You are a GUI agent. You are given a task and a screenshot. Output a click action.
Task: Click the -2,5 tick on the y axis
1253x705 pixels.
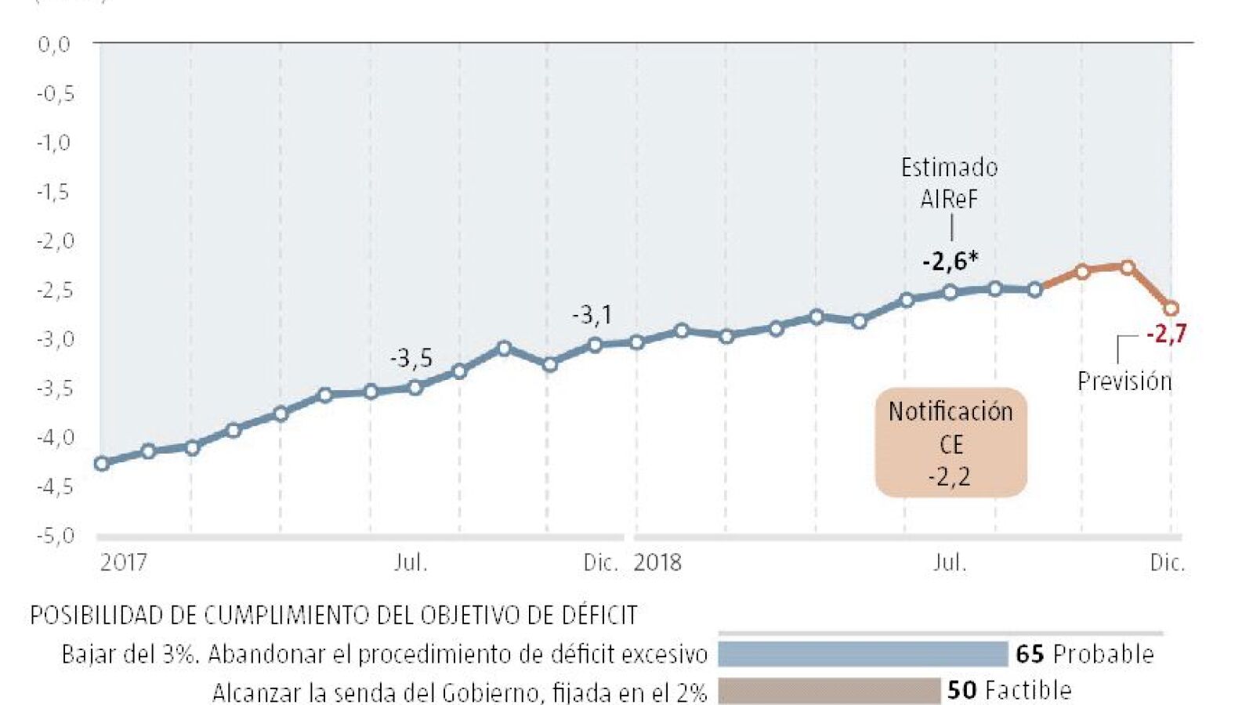point(56,290)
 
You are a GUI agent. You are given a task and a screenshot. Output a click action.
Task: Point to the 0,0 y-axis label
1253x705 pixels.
point(54,44)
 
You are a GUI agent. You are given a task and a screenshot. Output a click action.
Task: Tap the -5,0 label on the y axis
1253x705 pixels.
point(56,536)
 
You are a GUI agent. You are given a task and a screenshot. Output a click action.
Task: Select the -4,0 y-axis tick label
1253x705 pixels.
point(56,437)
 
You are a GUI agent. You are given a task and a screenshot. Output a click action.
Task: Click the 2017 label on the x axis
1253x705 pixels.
point(123,562)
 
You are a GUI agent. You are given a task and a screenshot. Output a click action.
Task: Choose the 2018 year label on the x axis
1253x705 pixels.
point(657,562)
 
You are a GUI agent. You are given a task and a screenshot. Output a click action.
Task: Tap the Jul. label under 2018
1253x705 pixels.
point(950,562)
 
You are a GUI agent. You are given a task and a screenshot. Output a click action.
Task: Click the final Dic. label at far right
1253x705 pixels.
point(1168,562)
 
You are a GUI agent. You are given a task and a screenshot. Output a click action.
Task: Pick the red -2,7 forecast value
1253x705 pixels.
point(1166,334)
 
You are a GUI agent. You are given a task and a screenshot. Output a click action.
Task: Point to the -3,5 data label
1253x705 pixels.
point(411,358)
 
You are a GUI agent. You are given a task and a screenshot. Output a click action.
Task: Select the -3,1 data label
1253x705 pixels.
point(592,316)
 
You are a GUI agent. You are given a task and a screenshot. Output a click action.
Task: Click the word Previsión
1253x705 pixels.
point(1124,381)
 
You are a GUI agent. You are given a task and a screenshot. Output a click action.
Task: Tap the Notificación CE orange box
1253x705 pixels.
point(951,443)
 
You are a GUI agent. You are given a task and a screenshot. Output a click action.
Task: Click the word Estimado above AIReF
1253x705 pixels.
point(949,167)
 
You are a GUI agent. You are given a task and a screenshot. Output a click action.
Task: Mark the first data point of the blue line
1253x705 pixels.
point(101,463)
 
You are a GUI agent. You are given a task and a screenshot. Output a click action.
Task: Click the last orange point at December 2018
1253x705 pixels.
point(1171,308)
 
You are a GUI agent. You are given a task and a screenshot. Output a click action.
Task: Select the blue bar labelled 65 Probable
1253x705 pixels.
point(863,653)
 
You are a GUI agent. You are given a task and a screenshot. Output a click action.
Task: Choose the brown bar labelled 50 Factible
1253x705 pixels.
point(829,691)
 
